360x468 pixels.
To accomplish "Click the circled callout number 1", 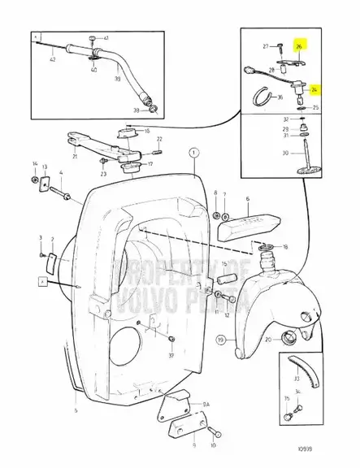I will pyautogui.click(x=193, y=152).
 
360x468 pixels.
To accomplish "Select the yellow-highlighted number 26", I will pyautogui.click(x=299, y=46).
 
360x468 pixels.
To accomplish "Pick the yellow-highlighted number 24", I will pyautogui.click(x=314, y=92).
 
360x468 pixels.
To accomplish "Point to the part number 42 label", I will pyautogui.click(x=52, y=58).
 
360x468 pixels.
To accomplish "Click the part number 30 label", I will pyautogui.click(x=284, y=152).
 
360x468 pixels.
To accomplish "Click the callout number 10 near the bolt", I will pyautogui.click(x=214, y=446).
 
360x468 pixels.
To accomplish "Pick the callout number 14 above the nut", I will pyautogui.click(x=34, y=164).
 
